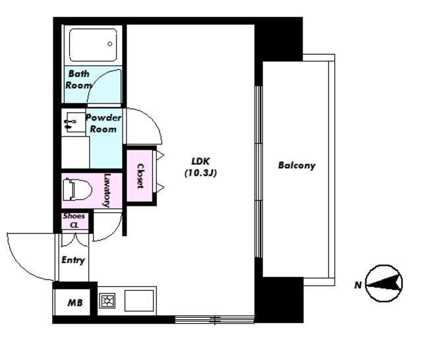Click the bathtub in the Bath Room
coord(93,45)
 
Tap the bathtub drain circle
coord(110,44)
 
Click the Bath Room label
coord(78,79)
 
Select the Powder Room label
coord(104,123)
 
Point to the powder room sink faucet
coord(69,124)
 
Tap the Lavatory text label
coord(107,191)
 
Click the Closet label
coord(140,176)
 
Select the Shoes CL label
coord(74,220)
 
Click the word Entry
coord(73,260)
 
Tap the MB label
coord(75,303)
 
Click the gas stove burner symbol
coord(107,301)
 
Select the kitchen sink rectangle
coord(139,301)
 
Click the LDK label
coord(200,161)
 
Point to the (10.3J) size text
coord(200,173)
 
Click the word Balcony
coord(297,165)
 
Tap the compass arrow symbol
coord(384,283)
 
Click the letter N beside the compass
coord(358,285)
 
